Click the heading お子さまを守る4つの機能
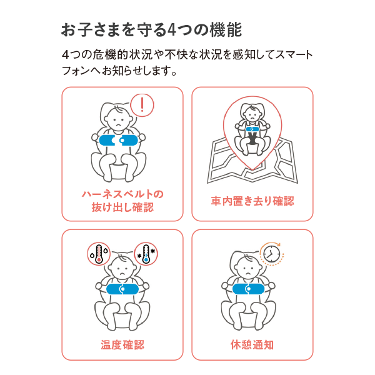tap(151, 30)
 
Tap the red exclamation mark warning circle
tap(142, 105)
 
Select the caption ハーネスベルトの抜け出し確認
tap(122, 201)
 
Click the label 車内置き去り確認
tap(252, 201)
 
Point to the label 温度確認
tap(122, 344)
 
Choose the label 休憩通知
tap(252, 344)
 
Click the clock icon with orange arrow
tap(271, 254)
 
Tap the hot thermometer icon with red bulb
tap(99, 254)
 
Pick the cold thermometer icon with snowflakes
tap(146, 254)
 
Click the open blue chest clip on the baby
tap(118, 141)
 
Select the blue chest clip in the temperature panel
tap(122, 289)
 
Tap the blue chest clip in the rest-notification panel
tap(249, 289)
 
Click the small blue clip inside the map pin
tap(252, 129)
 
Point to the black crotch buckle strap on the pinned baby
tap(252, 139)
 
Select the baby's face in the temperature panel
tap(122, 269)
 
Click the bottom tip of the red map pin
tap(252, 170)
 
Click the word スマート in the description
tap(294, 55)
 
